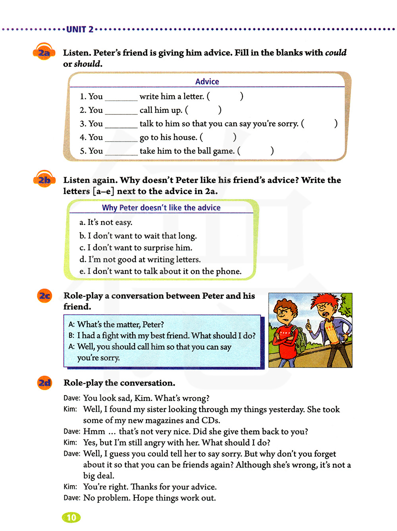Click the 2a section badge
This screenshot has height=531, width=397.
pyautogui.click(x=44, y=52)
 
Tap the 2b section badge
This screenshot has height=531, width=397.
pyautogui.click(x=44, y=180)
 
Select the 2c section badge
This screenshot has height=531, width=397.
pyautogui.click(x=45, y=296)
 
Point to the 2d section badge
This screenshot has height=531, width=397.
pyautogui.click(x=45, y=383)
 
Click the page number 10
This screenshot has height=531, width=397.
pyautogui.click(x=71, y=517)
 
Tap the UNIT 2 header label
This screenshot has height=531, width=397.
pyautogui.click(x=80, y=29)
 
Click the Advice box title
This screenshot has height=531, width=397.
pyautogui.click(x=207, y=81)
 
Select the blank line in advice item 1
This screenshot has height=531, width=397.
pyautogui.click(x=121, y=97)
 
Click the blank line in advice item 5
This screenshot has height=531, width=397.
pyautogui.click(x=121, y=152)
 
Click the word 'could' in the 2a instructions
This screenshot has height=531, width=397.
pyautogui.click(x=335, y=53)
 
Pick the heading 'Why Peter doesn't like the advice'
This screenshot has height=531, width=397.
pyautogui.click(x=161, y=207)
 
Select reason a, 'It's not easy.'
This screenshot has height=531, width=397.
pyautogui.click(x=106, y=223)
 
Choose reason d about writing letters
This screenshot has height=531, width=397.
pyautogui.click(x=140, y=260)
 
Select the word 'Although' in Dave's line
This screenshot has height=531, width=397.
pyautogui.click(x=253, y=465)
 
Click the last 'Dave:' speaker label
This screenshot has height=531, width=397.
pyautogui.click(x=72, y=498)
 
